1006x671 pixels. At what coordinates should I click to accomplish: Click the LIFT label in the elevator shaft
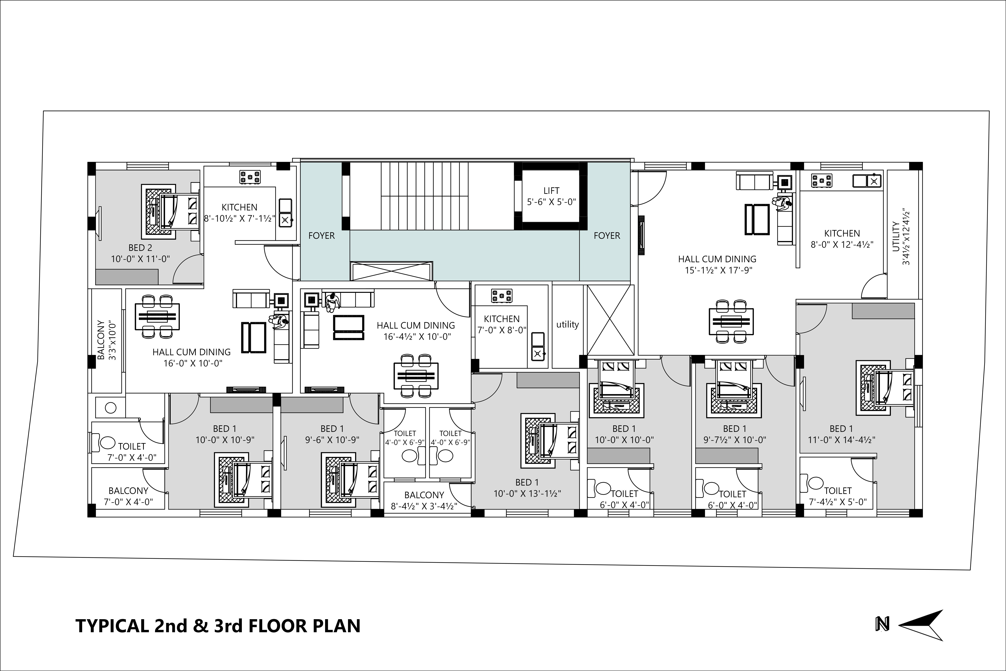pos(551,191)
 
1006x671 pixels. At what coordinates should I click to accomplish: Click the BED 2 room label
pos(140,248)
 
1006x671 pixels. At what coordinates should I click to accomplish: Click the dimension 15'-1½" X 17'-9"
pos(717,270)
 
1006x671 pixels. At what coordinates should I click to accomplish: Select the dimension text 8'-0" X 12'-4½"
pos(842,244)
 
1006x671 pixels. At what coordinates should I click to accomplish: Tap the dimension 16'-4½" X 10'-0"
pos(417,337)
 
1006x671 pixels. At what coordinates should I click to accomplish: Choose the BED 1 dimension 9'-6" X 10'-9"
pos(332,440)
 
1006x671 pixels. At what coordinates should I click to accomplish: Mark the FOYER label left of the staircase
pos(322,236)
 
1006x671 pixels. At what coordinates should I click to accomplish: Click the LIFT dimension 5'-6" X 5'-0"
pos(551,202)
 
